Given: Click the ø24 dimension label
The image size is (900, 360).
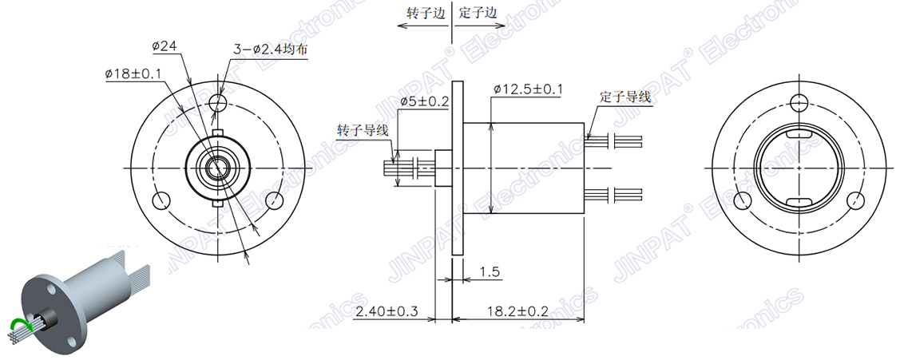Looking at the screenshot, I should click(164, 47).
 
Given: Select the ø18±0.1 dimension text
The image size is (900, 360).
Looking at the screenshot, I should click(133, 73).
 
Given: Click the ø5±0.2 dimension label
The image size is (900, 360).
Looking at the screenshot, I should click(424, 102).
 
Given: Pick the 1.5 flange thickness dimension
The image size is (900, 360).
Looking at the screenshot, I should click(491, 273).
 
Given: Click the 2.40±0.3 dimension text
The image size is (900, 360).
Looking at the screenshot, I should click(387, 311).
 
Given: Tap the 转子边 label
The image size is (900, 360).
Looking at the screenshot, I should click(425, 14).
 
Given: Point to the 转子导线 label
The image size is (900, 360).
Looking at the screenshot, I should click(363, 130).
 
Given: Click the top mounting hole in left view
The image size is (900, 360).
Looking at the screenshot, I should click(217, 102).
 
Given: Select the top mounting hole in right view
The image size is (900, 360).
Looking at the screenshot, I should click(799, 101).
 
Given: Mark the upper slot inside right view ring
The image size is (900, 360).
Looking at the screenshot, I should click(799, 136).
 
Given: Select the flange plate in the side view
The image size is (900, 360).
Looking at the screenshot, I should click(457, 168).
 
